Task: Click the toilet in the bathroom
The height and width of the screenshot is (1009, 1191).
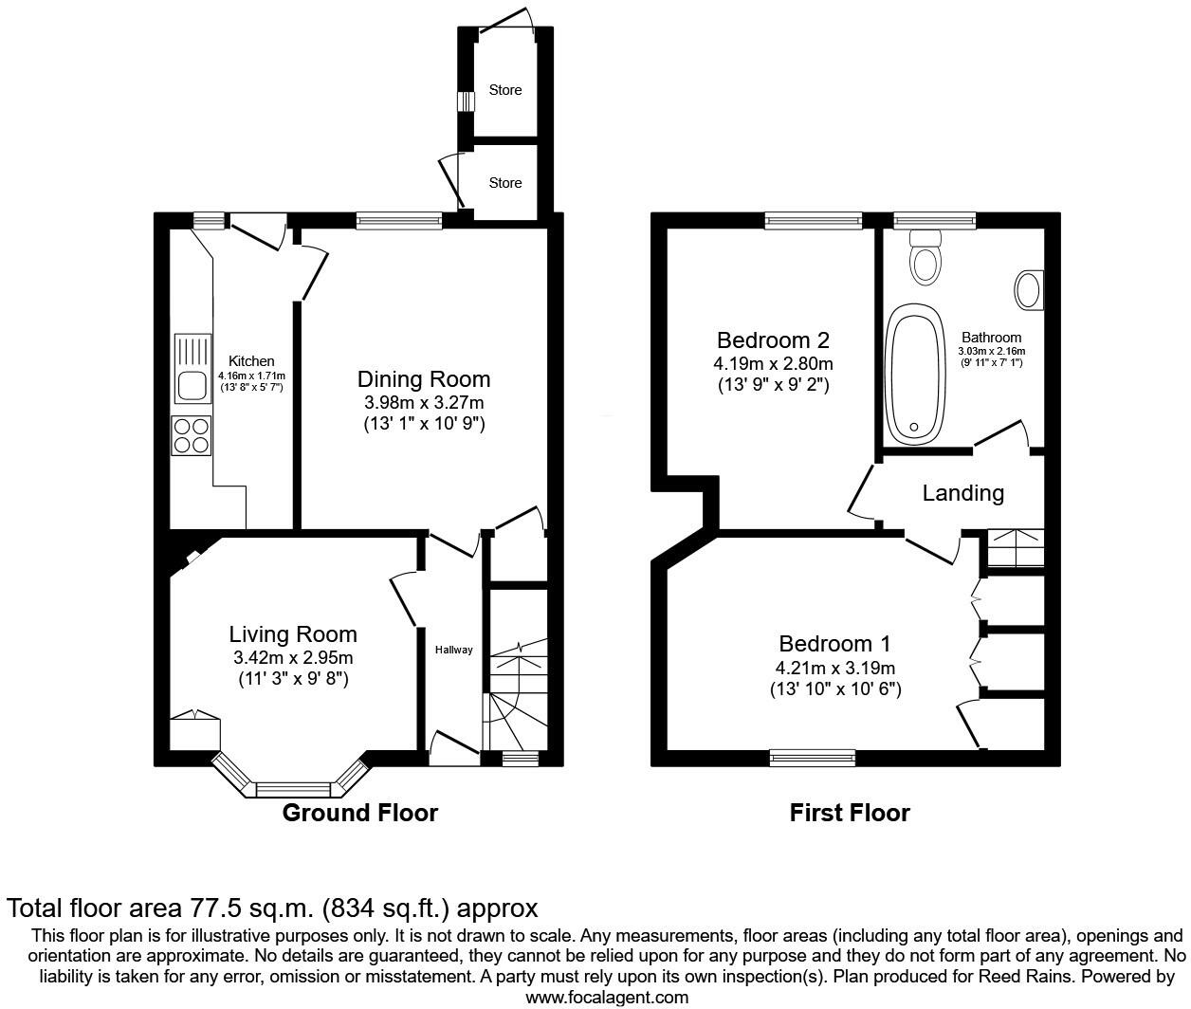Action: (924, 259)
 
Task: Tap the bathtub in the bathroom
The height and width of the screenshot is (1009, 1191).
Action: (914, 375)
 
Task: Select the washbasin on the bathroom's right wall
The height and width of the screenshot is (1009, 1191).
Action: (1028, 290)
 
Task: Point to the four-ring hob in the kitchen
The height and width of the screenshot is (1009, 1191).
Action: (192, 436)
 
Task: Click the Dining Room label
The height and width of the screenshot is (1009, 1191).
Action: (424, 379)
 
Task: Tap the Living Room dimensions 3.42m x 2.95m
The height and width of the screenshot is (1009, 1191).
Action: (293, 658)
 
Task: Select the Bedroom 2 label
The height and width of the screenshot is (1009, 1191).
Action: (773, 339)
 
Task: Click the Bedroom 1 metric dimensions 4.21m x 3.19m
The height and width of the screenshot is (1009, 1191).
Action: (834, 669)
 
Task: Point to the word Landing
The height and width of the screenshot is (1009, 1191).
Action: (962, 493)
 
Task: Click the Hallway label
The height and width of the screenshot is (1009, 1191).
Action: (453, 650)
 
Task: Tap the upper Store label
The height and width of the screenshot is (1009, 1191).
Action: (505, 90)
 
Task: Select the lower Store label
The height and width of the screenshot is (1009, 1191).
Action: (505, 182)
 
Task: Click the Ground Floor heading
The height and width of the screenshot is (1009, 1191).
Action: (360, 813)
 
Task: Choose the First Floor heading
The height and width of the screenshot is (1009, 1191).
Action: (850, 813)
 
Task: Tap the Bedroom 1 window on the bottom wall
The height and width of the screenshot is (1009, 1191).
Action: (812, 757)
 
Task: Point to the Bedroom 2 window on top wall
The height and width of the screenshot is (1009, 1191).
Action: (813, 221)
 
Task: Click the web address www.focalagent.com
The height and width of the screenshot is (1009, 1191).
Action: (607, 997)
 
